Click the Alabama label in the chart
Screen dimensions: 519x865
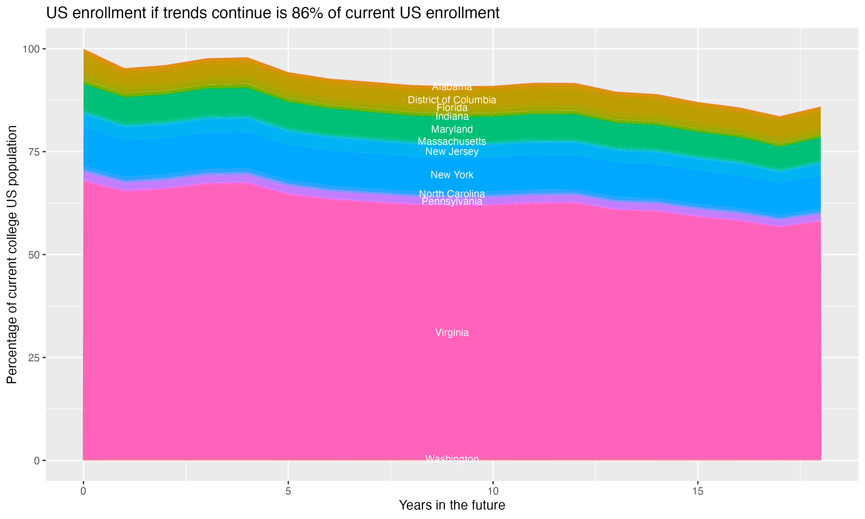coord(452,86)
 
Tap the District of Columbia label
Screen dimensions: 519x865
coord(452,100)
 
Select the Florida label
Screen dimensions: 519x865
coord(452,108)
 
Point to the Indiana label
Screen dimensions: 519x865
coord(452,116)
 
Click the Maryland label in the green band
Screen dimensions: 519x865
coord(452,129)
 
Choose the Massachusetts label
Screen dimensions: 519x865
coord(452,141)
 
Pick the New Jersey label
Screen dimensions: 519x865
coord(452,151)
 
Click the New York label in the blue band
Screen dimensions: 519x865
coord(452,175)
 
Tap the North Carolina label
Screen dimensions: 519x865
coord(452,193)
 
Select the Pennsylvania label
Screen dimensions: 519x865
coord(452,202)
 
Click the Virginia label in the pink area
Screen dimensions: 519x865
coord(452,333)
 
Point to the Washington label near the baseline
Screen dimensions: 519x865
coord(452,459)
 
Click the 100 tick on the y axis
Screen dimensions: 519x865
coord(31,49)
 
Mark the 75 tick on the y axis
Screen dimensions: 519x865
coord(33,152)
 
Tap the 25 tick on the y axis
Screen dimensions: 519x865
coord(33,358)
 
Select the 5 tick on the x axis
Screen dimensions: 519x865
coord(288,491)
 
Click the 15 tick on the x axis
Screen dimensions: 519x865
coord(697,491)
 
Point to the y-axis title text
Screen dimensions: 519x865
coord(12,255)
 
